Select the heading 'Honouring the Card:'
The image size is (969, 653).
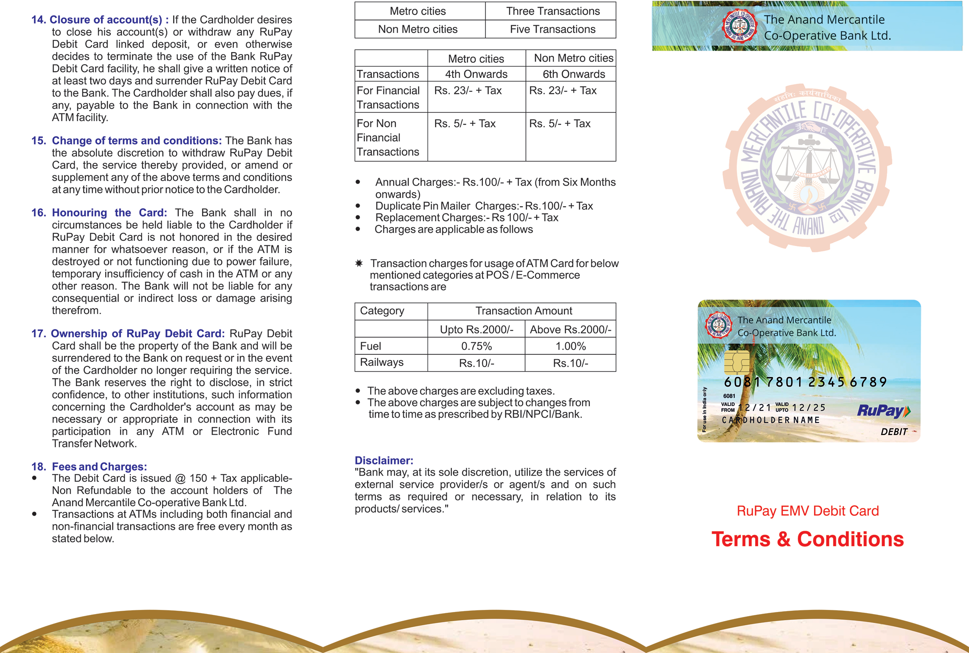pyautogui.click(x=109, y=213)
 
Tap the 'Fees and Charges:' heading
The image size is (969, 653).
pyautogui.click(x=99, y=467)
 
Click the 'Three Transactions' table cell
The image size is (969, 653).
pyautogui.click(x=552, y=11)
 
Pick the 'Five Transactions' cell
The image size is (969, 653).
pyautogui.click(x=552, y=29)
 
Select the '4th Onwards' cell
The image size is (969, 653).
pyautogui.click(x=476, y=74)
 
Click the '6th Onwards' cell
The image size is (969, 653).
pyautogui.click(x=573, y=74)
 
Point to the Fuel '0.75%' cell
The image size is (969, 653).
pyautogui.click(x=476, y=346)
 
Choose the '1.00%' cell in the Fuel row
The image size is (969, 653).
pyautogui.click(x=570, y=346)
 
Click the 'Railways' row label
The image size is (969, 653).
pyautogui.click(x=382, y=362)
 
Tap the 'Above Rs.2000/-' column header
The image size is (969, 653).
pyautogui.click(x=570, y=329)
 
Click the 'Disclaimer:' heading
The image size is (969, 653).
pyautogui.click(x=384, y=460)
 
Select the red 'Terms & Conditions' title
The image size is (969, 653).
pyautogui.click(x=807, y=539)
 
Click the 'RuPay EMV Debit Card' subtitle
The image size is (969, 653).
pyautogui.click(x=807, y=510)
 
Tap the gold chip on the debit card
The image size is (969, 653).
pyautogui.click(x=736, y=362)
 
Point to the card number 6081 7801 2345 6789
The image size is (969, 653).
pyautogui.click(x=805, y=382)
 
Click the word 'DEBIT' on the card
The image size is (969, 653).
pyautogui.click(x=894, y=432)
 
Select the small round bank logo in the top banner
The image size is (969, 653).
pyautogui.click(x=739, y=26)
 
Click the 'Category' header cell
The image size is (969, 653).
pyautogui.click(x=382, y=311)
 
